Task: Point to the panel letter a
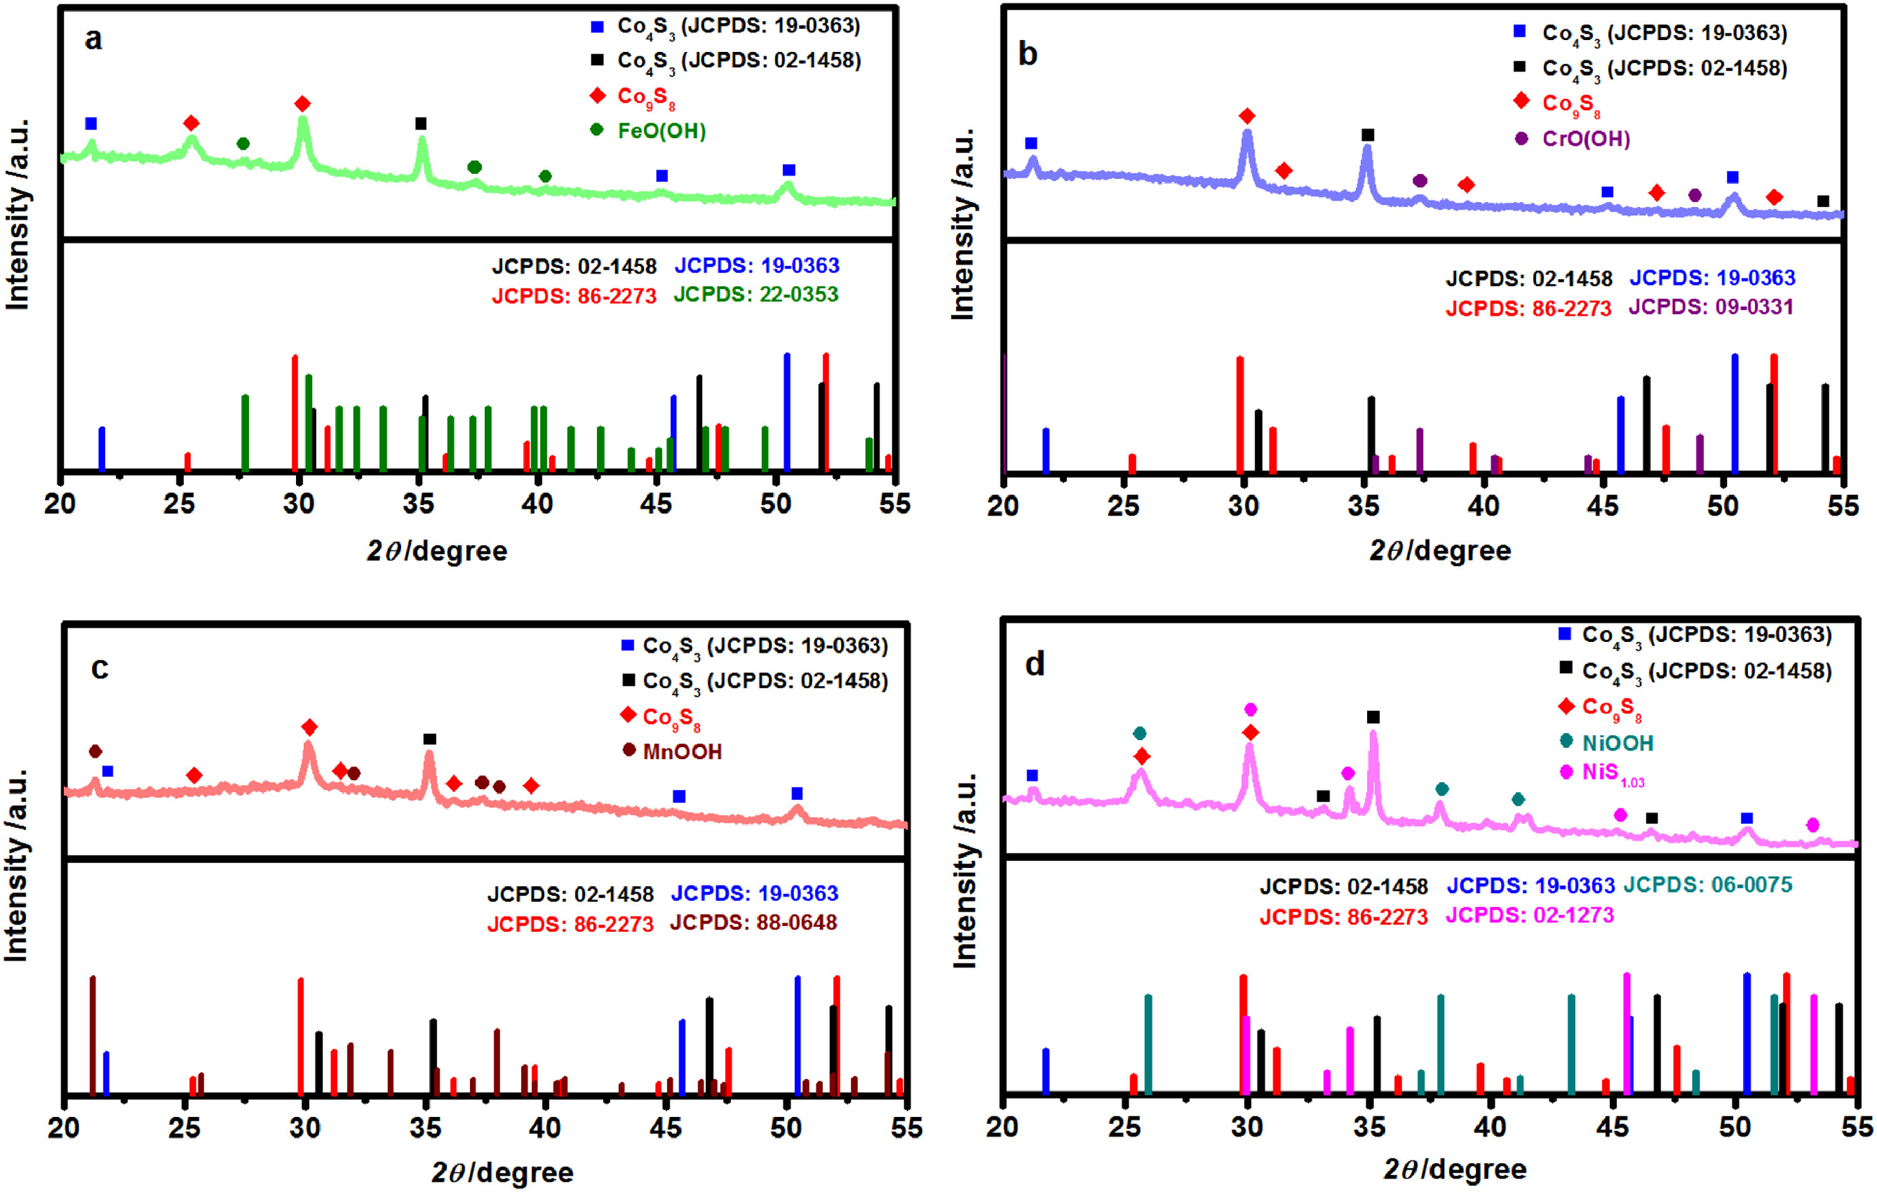tap(94, 39)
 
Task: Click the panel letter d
tap(1034, 665)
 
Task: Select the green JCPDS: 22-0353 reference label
tap(756, 295)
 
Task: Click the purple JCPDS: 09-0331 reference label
tap(1711, 307)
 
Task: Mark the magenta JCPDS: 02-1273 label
tap(1529, 915)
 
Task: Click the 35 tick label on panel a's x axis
tap(418, 504)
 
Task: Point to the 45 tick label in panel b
tap(1602, 506)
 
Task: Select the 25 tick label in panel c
tap(184, 1128)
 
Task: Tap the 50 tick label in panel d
tap(1734, 1126)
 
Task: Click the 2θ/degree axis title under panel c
tap(503, 1173)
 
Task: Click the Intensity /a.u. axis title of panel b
tap(964, 225)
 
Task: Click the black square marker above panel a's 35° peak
tap(421, 124)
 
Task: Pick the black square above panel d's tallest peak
tap(1373, 717)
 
